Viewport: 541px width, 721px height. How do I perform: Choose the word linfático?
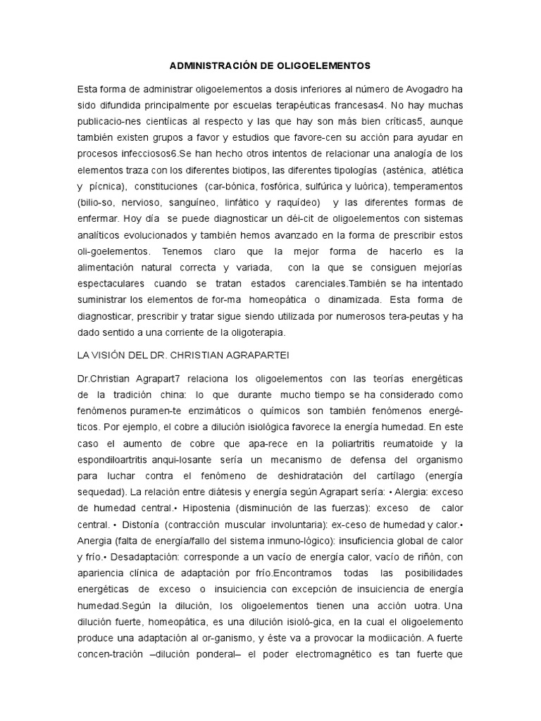pos(233,202)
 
